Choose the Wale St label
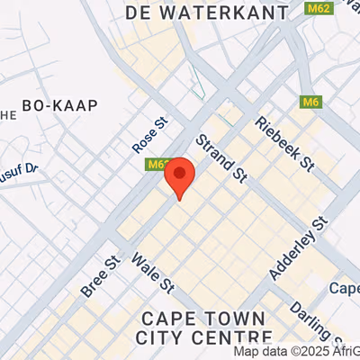pyautogui.click(x=152, y=274)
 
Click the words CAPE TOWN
pyautogui.click(x=203, y=319)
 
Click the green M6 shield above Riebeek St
pyautogui.click(x=311, y=102)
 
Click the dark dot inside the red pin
pyautogui.click(x=181, y=173)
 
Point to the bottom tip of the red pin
pyautogui.click(x=181, y=199)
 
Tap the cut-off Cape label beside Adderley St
pyautogui.click(x=346, y=289)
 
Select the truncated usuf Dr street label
pyautogui.click(x=18, y=167)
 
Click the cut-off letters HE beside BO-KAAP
pyautogui.click(x=8, y=114)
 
